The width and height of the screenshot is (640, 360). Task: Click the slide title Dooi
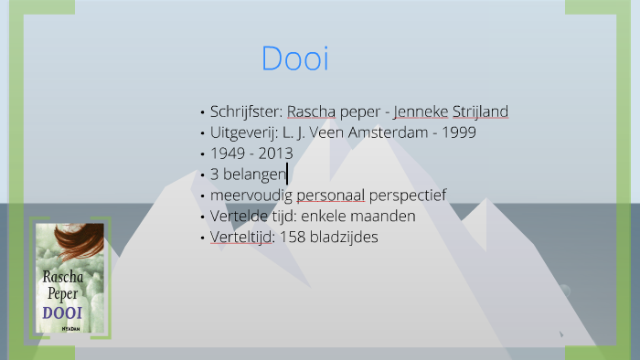[x=294, y=58]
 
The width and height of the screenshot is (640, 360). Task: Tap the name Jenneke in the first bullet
[x=421, y=111]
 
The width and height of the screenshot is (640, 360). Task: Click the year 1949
[x=228, y=154]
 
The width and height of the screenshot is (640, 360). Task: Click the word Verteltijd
[x=242, y=238]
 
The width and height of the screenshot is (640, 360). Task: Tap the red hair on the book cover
[x=79, y=242]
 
